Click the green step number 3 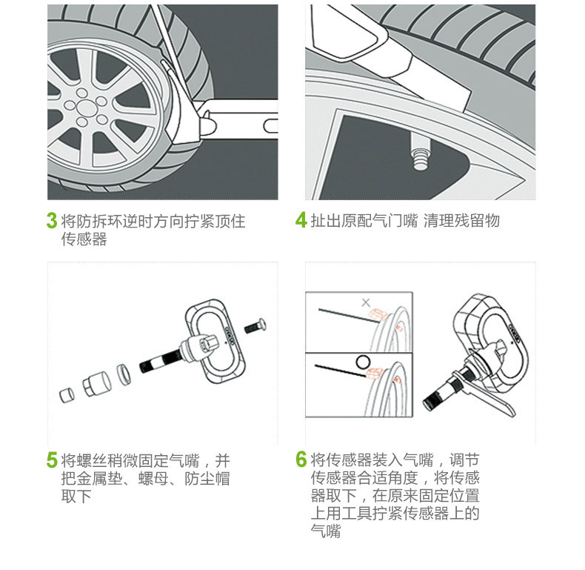coord(52,220)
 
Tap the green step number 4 coord(301,220)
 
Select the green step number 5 coord(52,460)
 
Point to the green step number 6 coord(301,460)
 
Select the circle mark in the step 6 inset coord(363,362)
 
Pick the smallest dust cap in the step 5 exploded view coord(66,395)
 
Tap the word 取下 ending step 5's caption coord(76,497)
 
